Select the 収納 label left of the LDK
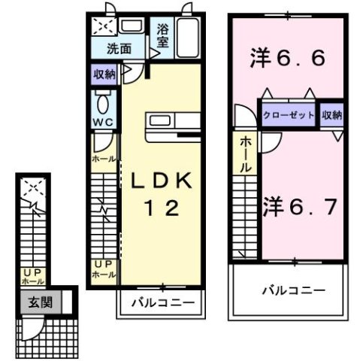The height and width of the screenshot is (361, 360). click(104, 74)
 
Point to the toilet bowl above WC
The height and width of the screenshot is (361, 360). click(103, 103)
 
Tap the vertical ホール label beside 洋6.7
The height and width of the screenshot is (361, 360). click(245, 156)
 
